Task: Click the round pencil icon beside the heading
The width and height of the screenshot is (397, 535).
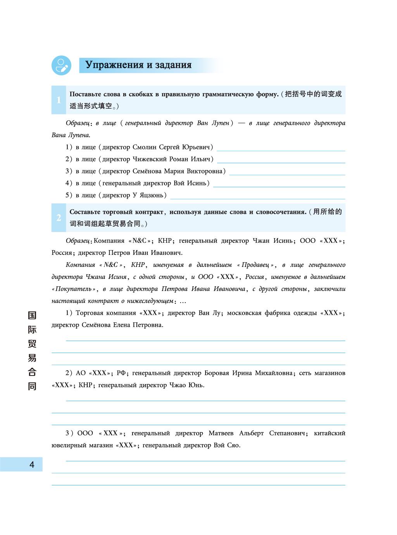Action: (61, 65)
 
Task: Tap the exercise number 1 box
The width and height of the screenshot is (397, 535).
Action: (59, 100)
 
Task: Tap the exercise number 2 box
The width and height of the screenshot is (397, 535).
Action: (59, 218)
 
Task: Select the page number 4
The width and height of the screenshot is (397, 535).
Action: (32, 464)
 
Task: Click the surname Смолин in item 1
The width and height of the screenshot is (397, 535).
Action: (145, 147)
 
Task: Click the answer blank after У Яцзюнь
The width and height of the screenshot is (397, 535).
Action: (257, 197)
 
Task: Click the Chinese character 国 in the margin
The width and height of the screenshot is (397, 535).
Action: (32, 315)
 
